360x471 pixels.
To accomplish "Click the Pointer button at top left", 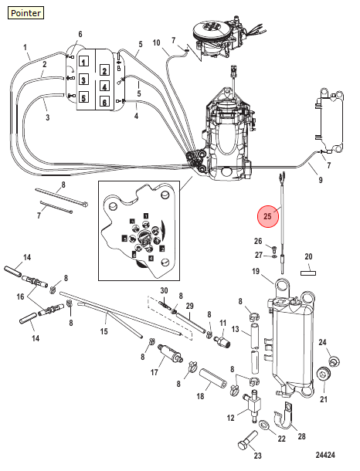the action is pos(25,13).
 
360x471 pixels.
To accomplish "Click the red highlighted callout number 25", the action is pos(267,216).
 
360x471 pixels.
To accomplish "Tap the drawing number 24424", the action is pos(325,455).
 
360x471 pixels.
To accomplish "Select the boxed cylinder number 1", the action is pos(84,62).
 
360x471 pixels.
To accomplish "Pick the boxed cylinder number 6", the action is pos(104,102).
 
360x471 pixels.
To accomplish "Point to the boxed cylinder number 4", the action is pos(104,86).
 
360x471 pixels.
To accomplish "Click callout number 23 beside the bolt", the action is pos(258,456).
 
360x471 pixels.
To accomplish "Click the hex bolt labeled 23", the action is pos(248,440).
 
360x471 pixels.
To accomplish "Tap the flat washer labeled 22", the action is pos(264,425).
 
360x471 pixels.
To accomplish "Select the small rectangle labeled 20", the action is pos(308,273).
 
